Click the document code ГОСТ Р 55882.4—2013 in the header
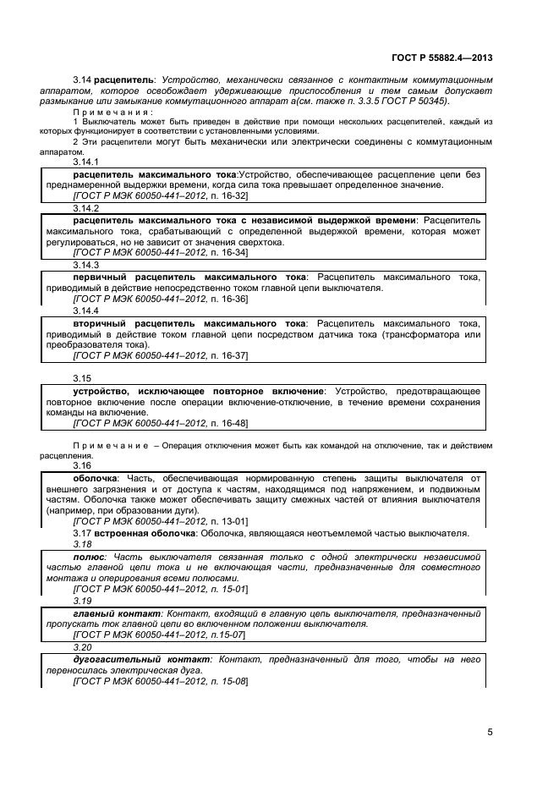click(441, 57)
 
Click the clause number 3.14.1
click(86, 161)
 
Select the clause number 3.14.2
click(86, 207)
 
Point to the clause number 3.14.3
click(86, 265)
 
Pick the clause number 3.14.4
click(86, 310)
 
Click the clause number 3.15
click(82, 378)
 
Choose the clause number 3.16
click(82, 466)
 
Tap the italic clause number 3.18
click(82, 546)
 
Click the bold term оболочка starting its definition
click(95, 479)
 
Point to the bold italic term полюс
click(89, 558)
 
